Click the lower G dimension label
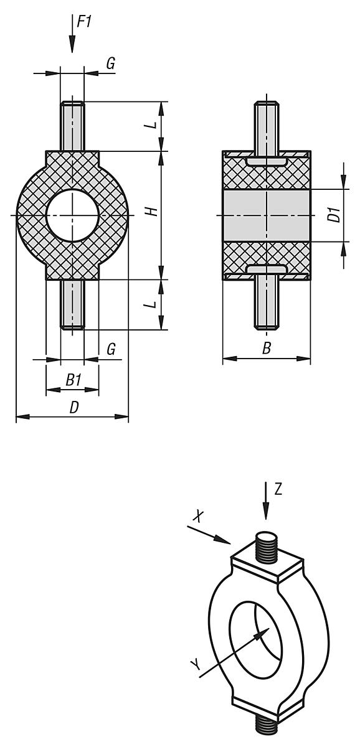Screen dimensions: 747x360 pos(111,349)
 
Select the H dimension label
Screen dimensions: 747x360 pos(151,212)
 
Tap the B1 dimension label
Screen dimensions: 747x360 pos(73,379)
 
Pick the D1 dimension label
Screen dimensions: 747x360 pos(334,215)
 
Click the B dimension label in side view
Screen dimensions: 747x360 pos(267,349)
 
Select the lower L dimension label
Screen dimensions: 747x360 pos(151,305)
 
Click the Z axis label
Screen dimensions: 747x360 pos(278,489)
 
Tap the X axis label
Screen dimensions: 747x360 pos(198,516)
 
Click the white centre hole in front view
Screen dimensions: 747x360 pos(72,215)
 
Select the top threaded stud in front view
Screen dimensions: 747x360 pos(72,126)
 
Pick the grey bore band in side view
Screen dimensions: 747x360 pos(267,215)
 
